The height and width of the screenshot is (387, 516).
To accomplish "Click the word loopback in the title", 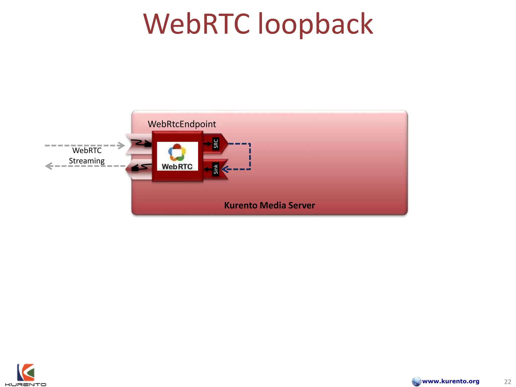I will point(315,25).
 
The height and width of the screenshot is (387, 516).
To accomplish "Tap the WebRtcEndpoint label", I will point(182,124).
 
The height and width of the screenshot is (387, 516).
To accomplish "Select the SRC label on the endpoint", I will point(216,144).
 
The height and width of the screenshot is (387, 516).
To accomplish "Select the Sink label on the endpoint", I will point(216,169).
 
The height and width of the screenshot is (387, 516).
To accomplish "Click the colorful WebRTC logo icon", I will point(177,152).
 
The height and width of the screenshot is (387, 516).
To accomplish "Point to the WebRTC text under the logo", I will point(177,167).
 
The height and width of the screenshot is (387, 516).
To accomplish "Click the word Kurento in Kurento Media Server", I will point(241,206).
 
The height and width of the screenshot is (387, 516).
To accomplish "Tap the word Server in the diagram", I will point(302,206).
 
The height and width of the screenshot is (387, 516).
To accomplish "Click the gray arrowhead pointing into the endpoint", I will point(121,145).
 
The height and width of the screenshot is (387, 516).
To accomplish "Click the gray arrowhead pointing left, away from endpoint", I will point(49,166).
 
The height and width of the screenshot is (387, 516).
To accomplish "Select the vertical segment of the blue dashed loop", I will point(250,156).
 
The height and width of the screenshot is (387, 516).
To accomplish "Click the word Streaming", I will point(87,161).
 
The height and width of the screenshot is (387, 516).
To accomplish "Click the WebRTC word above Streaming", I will point(87,150).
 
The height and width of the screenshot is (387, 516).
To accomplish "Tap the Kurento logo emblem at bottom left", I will point(25,372).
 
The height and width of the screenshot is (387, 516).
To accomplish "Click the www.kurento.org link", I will point(450,381).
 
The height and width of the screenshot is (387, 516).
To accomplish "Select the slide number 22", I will point(507,382).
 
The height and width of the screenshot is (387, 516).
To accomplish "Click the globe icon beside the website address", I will point(416,381).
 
